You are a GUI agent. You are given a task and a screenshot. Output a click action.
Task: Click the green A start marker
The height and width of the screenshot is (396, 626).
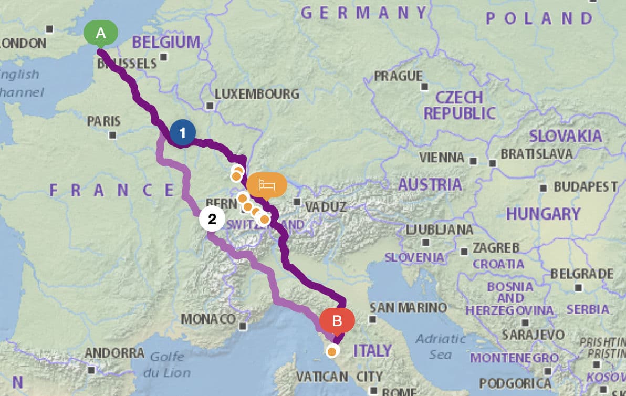[x=101, y=34]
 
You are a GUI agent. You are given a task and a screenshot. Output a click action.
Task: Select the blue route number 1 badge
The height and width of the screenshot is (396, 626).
[x=182, y=133]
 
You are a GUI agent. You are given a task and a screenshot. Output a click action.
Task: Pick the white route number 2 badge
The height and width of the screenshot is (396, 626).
[x=212, y=220]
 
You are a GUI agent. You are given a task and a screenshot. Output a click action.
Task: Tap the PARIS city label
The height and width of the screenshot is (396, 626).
[x=104, y=121]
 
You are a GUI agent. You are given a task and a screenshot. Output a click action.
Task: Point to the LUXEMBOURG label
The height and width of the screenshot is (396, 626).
[x=257, y=95]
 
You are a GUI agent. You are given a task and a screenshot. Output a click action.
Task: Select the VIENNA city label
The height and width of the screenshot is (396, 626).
[x=442, y=157]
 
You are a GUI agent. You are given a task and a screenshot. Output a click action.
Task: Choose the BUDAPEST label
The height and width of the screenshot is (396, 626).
[x=586, y=187]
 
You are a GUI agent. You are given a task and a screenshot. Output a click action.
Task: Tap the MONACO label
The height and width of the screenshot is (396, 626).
[x=208, y=319]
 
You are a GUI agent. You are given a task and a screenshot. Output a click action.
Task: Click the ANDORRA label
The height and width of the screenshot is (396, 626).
[x=114, y=352]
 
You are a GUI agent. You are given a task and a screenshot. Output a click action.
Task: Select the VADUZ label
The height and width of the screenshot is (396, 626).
[x=323, y=206]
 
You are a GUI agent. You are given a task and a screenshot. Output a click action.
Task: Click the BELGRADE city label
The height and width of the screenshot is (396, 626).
[x=582, y=274]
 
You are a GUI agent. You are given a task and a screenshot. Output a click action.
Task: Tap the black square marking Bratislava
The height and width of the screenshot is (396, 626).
[x=493, y=163]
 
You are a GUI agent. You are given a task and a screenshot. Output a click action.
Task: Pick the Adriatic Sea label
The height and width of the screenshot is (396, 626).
[x=440, y=347]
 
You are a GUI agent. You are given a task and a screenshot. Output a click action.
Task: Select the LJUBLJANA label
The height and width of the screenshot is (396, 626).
[x=440, y=230]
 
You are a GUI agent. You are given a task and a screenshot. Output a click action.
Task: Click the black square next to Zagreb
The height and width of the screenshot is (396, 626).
[x=464, y=252]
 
